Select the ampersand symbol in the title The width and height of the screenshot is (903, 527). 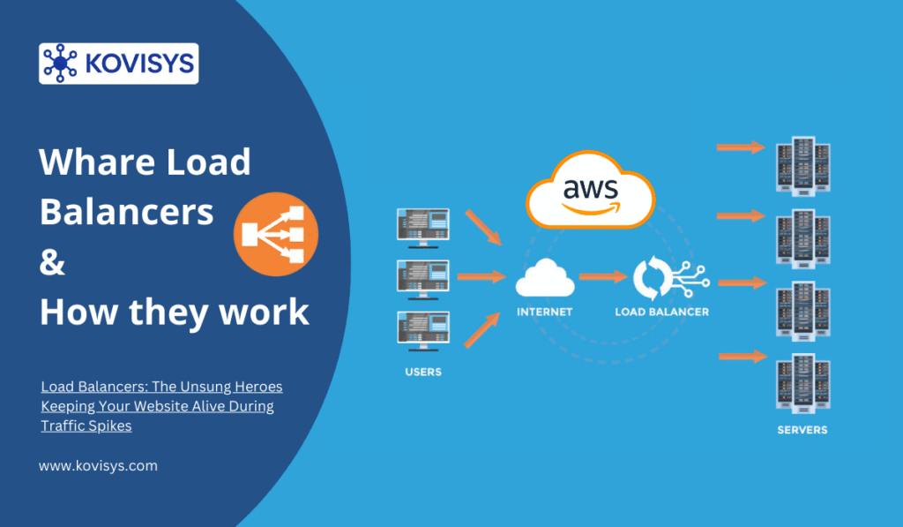[x=53, y=263]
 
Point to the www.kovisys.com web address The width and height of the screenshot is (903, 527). [x=98, y=465]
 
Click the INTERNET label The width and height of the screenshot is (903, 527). [x=545, y=312]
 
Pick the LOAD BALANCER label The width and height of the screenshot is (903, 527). [x=662, y=312]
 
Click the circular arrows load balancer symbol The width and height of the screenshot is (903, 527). [x=653, y=276]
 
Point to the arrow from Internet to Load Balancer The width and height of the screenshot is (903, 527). [x=602, y=277]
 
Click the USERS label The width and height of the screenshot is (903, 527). [x=423, y=372]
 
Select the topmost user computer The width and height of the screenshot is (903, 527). [x=423, y=228]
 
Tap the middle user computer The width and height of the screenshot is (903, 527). [x=423, y=279]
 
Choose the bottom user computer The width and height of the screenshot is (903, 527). [x=423, y=330]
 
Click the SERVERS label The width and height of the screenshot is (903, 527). [x=802, y=430]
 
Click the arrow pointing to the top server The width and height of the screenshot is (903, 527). [x=740, y=147]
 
